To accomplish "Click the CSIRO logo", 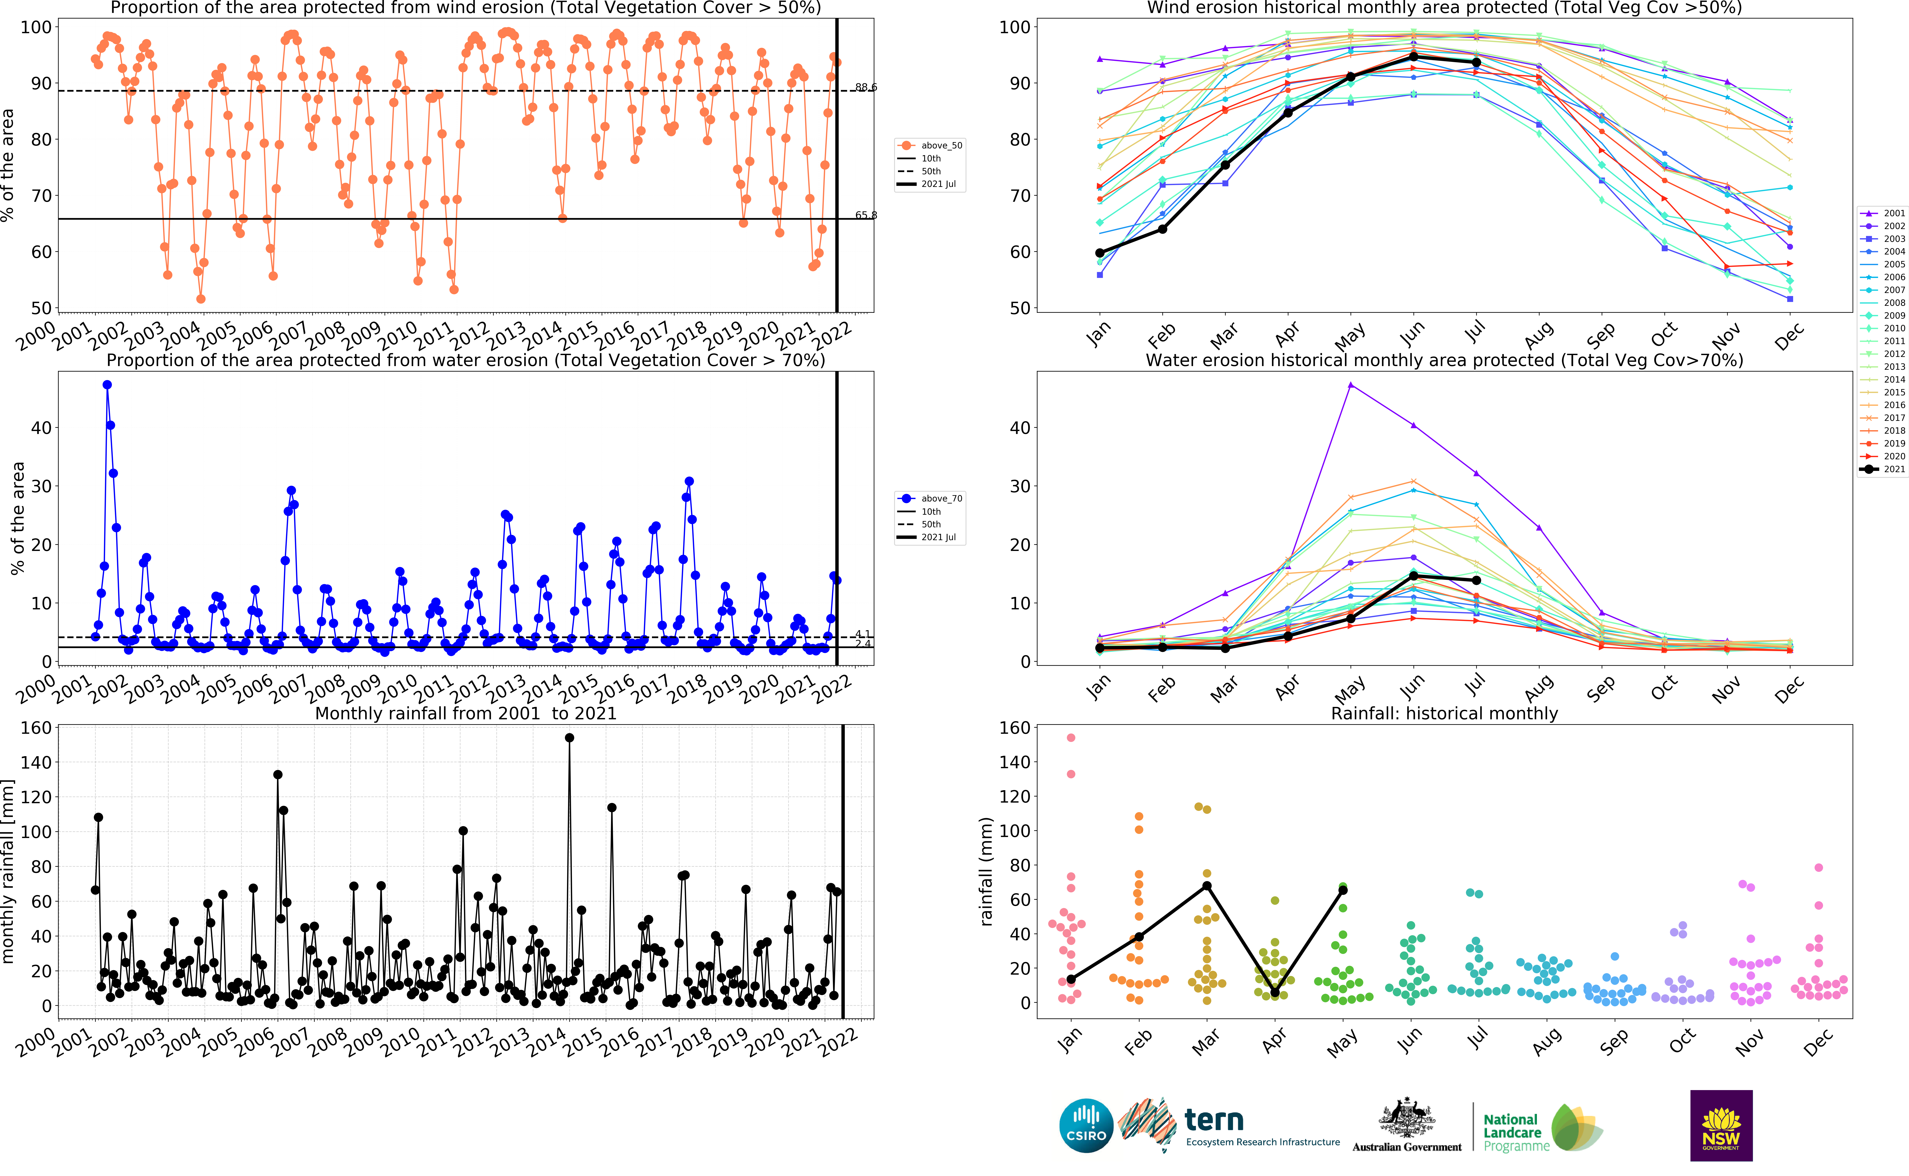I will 1086,1126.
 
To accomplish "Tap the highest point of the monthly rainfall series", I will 569,737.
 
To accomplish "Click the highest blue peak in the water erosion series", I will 107,385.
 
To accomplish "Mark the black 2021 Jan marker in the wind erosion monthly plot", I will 1100,253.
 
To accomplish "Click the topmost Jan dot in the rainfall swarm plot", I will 1071,737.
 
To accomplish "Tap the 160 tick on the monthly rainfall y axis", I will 36,728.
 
